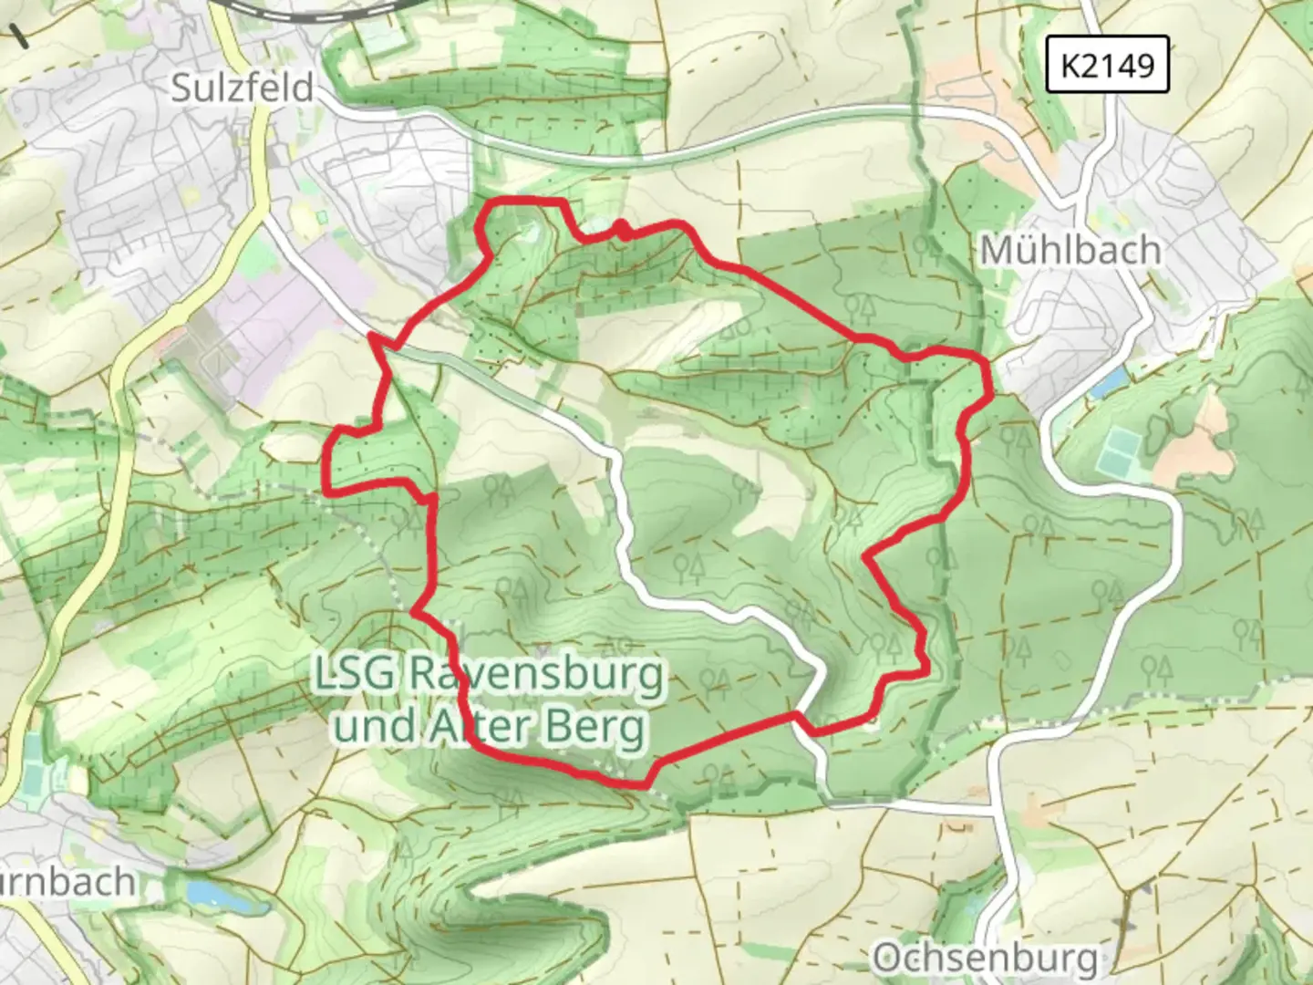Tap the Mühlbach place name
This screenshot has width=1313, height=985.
[1070, 250]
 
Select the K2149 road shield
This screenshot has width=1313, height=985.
[1107, 65]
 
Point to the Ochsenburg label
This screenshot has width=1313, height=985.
[985, 959]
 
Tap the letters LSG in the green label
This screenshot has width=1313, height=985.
[355, 676]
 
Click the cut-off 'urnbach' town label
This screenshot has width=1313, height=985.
[68, 883]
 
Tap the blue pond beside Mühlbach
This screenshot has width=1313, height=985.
[1106, 385]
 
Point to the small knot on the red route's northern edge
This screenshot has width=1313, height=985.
[622, 228]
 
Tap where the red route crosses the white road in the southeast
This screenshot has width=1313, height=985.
[800, 717]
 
